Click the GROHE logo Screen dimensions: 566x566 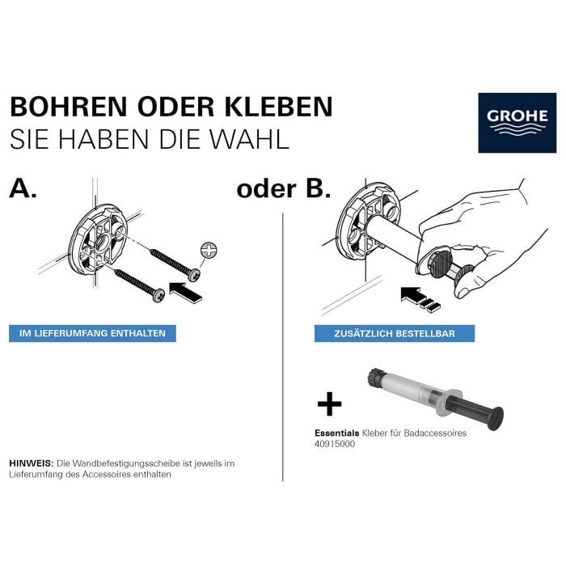[x=517, y=122]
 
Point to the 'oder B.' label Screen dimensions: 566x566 [x=284, y=189]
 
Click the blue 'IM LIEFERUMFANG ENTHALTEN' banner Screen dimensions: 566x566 [x=92, y=333]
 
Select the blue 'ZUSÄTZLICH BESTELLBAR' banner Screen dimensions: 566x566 [x=395, y=333]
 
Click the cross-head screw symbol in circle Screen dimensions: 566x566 [x=207, y=251]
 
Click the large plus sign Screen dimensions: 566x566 [x=328, y=403]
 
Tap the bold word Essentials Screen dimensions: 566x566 [x=336, y=433]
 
